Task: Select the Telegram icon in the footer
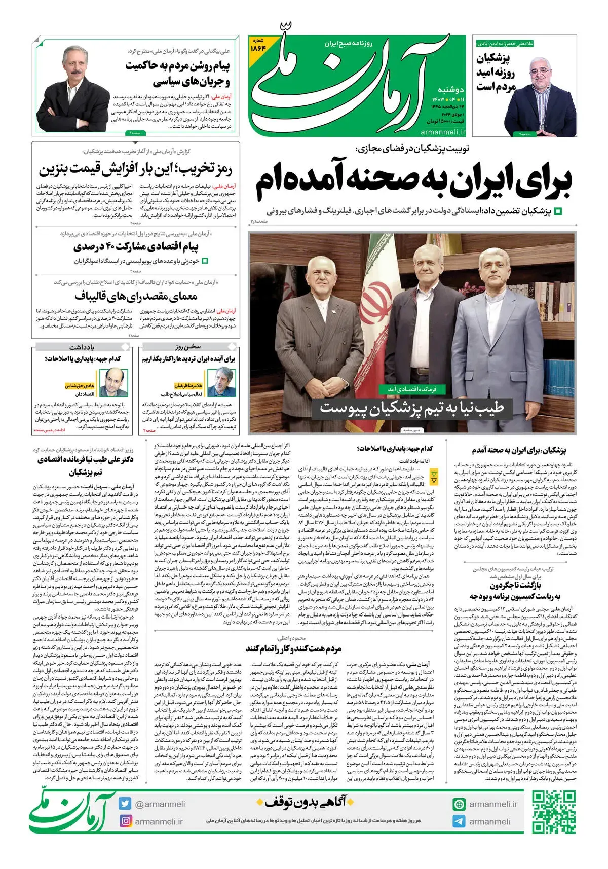pos(459,821)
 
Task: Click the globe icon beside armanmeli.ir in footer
pos(459,804)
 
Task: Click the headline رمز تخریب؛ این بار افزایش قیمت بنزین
pos(136,169)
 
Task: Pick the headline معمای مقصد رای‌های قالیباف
pos(136,296)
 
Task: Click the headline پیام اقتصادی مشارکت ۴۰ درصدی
pos(136,247)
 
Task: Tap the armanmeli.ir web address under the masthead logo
pos(443,132)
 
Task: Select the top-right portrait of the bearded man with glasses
pos(545,94)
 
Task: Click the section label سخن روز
pos(188,347)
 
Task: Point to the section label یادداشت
pos(82,347)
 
